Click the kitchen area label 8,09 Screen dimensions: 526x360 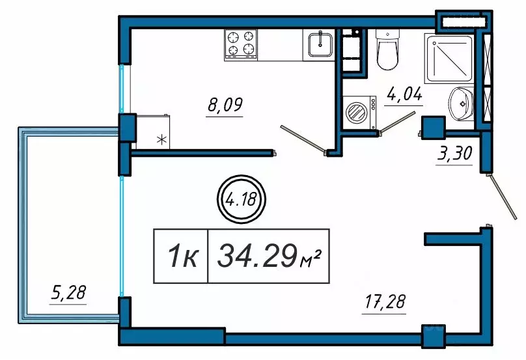click(225, 105)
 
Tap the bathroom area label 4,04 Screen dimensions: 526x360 click(404, 94)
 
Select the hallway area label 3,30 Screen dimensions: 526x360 click(454, 154)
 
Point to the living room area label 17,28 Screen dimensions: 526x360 click(385, 301)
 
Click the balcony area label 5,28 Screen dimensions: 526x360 click(68, 292)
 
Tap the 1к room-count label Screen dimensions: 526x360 click(182, 256)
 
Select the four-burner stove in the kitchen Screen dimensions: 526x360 click(240, 45)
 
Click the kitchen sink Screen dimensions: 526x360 click(320, 45)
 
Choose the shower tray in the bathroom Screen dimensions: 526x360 click(449, 59)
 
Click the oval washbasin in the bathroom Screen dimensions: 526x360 click(461, 104)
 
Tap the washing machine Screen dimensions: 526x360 click(359, 113)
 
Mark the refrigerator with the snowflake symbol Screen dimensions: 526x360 click(153, 132)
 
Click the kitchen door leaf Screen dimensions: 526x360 click(303, 139)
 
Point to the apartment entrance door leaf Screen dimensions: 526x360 click(503, 197)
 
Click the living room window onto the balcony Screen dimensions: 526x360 click(122, 236)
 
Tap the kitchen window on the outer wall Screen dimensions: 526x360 click(122, 89)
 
